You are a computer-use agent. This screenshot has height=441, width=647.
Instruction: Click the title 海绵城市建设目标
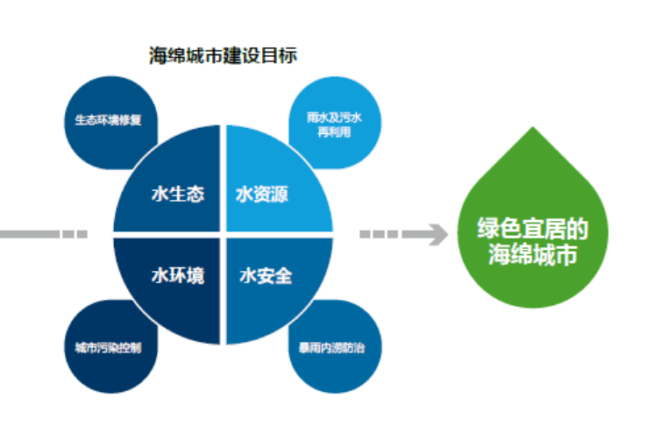click(x=223, y=55)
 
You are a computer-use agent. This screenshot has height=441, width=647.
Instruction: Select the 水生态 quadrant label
click(x=178, y=194)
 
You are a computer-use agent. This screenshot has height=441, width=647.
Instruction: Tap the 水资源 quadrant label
click(x=262, y=195)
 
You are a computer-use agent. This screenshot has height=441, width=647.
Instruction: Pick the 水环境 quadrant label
click(x=178, y=275)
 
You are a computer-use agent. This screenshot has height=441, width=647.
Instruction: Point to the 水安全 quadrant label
click(x=266, y=275)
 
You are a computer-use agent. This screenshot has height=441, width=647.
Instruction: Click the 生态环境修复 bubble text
click(x=108, y=120)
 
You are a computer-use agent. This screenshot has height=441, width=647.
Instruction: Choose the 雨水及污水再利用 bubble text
click(x=334, y=124)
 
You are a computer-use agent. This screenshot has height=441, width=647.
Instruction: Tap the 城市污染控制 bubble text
click(x=108, y=348)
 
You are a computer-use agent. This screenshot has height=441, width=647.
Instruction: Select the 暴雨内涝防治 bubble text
click(x=332, y=348)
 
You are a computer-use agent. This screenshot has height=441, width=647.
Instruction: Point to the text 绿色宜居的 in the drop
click(x=532, y=228)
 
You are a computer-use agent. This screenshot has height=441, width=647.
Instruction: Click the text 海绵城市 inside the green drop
click(x=532, y=253)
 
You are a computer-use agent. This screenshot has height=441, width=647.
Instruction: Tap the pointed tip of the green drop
click(x=533, y=127)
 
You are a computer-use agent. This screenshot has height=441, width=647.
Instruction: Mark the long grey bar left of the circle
click(x=30, y=234)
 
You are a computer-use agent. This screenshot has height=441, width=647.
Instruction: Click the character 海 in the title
click(x=158, y=55)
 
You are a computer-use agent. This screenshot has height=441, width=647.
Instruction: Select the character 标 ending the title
click(x=288, y=55)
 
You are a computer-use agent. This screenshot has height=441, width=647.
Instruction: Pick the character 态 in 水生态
click(x=196, y=194)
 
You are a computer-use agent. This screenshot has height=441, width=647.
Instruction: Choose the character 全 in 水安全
click(x=283, y=275)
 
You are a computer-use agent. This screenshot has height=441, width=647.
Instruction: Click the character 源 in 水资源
click(x=280, y=195)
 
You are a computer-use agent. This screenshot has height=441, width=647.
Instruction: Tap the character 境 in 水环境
click(x=196, y=275)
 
